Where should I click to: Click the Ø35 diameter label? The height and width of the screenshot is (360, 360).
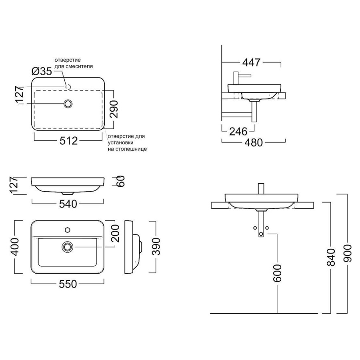tap(42, 72)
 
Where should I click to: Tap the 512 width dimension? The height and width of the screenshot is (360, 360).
tap(69, 141)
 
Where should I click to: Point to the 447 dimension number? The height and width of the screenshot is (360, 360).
tap(252, 62)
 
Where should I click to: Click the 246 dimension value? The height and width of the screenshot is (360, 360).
tap(238, 131)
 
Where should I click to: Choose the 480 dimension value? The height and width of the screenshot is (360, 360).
tap(254, 142)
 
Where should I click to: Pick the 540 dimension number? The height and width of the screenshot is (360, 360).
tap(68, 204)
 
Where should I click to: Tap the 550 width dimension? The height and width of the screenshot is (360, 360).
tap(68, 284)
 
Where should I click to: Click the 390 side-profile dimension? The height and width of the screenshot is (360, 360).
tap(156, 247)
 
